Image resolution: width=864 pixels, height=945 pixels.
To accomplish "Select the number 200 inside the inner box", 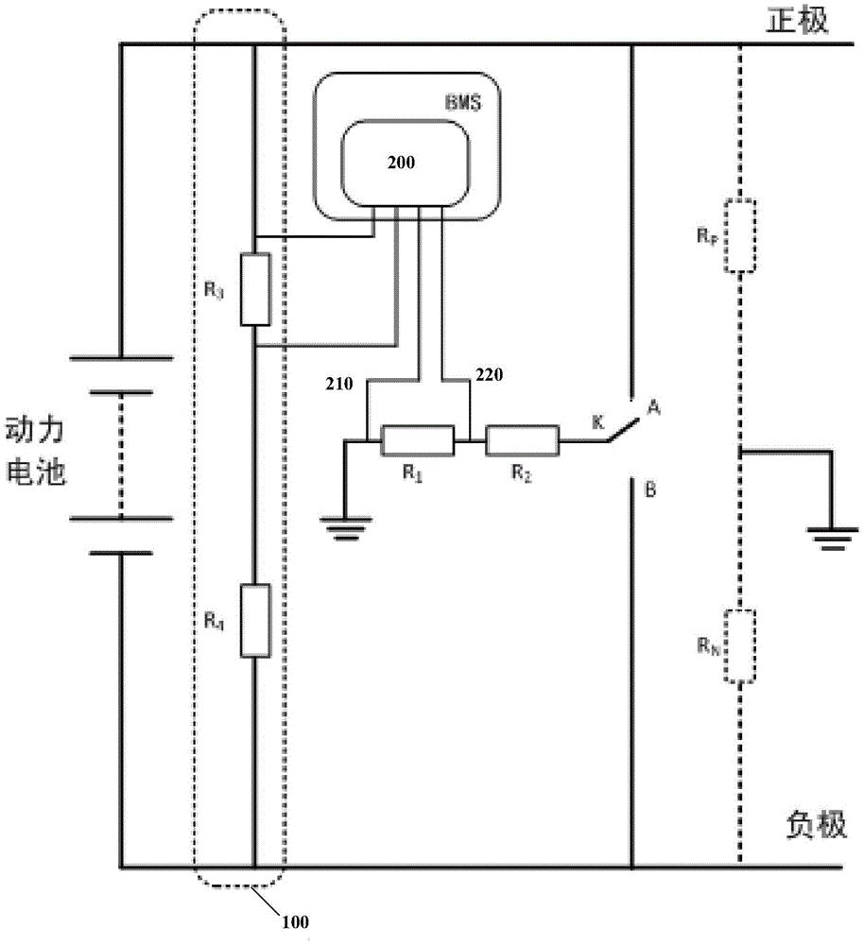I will [403, 163].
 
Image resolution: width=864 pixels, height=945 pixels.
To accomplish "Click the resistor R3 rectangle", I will [255, 289].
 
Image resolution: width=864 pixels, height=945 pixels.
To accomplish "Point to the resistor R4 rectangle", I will [255, 621].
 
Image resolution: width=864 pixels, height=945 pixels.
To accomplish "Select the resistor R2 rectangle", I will [522, 440].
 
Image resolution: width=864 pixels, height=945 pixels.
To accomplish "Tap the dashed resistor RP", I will [740, 236].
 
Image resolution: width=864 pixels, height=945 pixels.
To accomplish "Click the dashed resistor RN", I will [740, 646].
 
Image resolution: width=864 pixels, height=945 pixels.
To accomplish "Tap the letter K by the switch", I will [596, 422].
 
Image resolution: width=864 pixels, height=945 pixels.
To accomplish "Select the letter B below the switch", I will [650, 490].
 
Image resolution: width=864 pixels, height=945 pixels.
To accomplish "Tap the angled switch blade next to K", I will [618, 430].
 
